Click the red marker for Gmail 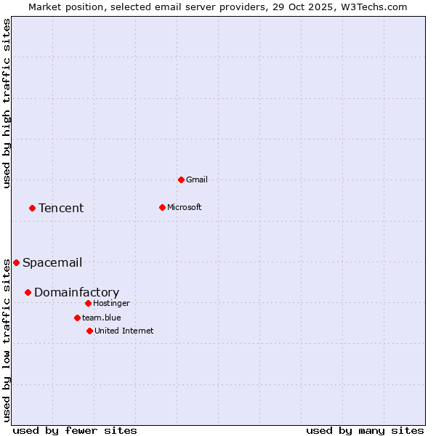181,179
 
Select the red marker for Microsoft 162,207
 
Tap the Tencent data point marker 32,208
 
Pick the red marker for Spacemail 16,262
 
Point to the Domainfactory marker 28,292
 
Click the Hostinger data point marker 88,303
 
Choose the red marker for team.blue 77,318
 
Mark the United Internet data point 89,331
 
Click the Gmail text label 197,179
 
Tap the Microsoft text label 185,207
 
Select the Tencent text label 61,208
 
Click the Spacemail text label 52,262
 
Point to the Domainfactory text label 76,292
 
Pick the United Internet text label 124,331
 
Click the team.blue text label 102,318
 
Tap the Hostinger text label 112,303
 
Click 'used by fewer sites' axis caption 75,430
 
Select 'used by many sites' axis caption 365,430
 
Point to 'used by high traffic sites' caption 7,103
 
